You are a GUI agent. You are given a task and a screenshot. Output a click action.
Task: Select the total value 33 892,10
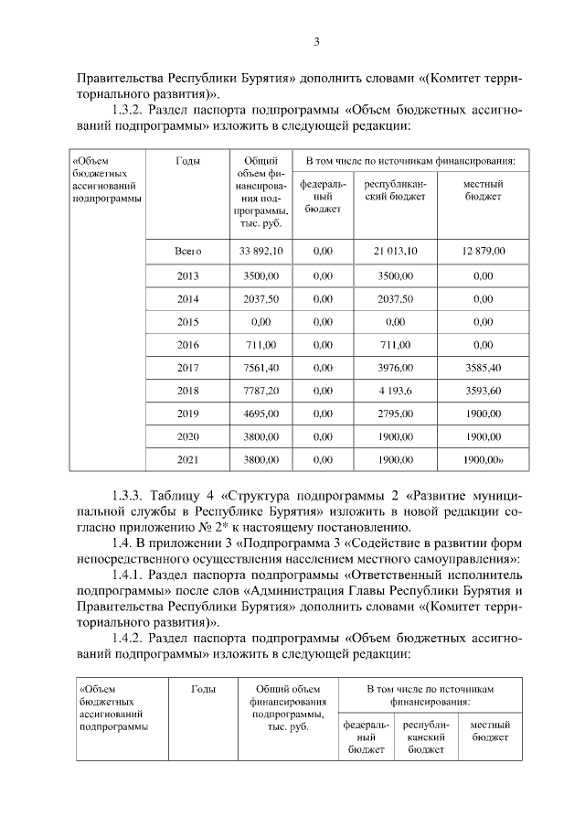pyautogui.click(x=261, y=251)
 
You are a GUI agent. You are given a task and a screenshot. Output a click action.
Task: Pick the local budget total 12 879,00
pyautogui.click(x=484, y=251)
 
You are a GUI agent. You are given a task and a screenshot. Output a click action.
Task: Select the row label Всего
pyautogui.click(x=187, y=251)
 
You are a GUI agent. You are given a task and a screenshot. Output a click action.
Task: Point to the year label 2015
pyautogui.click(x=187, y=322)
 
